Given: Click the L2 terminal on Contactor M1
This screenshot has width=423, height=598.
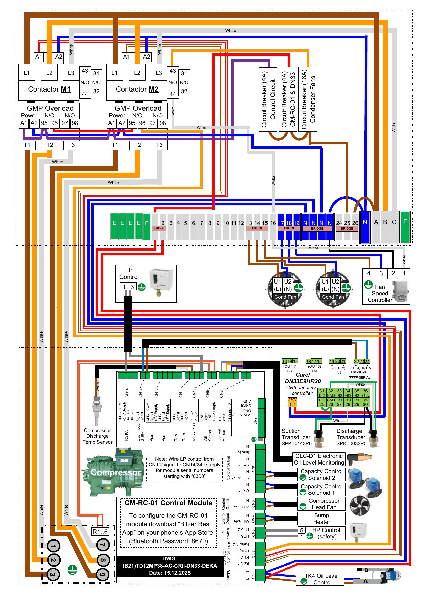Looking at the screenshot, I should [49, 73].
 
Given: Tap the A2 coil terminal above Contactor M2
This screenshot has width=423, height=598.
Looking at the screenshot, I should [146, 57].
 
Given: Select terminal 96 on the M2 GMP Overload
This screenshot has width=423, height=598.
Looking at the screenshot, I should [142, 123].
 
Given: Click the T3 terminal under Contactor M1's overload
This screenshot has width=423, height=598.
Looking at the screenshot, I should [71, 145].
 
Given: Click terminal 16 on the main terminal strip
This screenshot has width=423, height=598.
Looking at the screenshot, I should [273, 223].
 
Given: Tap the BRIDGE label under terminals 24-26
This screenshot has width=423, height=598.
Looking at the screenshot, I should [347, 228].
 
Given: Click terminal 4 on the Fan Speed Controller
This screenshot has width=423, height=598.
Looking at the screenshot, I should [369, 273].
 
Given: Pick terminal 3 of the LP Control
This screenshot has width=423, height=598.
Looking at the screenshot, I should [132, 287].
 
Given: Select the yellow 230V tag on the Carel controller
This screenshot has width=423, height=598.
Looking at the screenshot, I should [292, 400].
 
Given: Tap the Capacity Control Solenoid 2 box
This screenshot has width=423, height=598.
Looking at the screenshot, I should [321, 475].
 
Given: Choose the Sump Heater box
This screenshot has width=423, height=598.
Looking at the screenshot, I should [321, 518].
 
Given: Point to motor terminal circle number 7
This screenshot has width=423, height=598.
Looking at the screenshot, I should [103, 545].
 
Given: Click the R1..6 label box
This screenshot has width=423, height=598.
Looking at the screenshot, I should [100, 532].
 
